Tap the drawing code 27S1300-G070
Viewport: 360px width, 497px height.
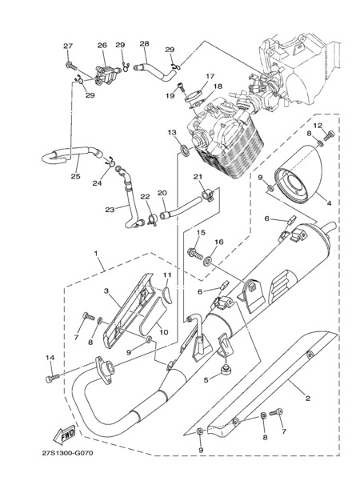[67, 453]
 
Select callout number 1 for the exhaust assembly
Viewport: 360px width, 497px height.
[96, 253]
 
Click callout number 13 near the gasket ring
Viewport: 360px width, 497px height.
[172, 132]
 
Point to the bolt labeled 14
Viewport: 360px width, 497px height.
[52, 378]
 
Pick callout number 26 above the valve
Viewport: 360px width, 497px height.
[102, 46]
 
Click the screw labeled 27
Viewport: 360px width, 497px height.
[71, 66]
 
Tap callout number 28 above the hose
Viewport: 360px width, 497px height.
[144, 43]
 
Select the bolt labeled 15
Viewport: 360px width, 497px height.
[194, 255]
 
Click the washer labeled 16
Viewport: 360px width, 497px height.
[207, 261]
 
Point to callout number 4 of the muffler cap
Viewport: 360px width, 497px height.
[329, 203]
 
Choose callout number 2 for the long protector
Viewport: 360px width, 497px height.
[307, 399]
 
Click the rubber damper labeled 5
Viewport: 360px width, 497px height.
[226, 370]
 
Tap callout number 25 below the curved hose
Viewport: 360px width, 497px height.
[75, 176]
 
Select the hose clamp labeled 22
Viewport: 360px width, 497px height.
[153, 219]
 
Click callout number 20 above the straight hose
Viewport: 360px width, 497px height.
[162, 193]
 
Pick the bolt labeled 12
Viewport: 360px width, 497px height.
[330, 134]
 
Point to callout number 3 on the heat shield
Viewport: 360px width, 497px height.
[106, 291]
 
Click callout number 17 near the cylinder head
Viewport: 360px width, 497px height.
[210, 76]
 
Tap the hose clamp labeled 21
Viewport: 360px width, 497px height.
[207, 194]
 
